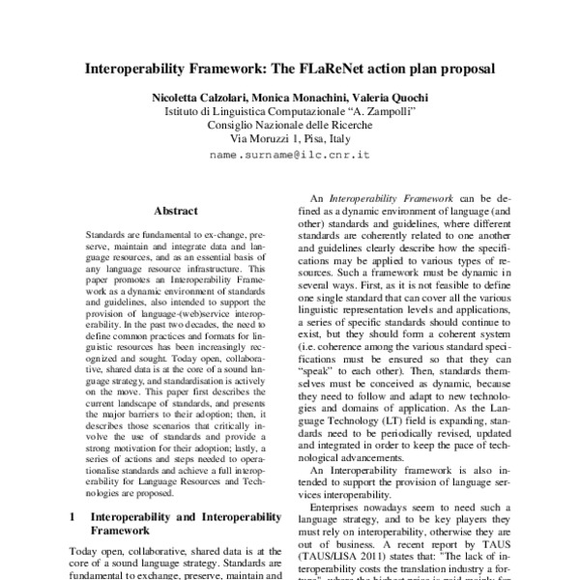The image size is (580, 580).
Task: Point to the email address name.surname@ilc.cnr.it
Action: click(290, 154)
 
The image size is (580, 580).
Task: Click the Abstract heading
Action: click(176, 211)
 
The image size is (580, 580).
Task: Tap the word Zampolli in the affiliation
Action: click(386, 111)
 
